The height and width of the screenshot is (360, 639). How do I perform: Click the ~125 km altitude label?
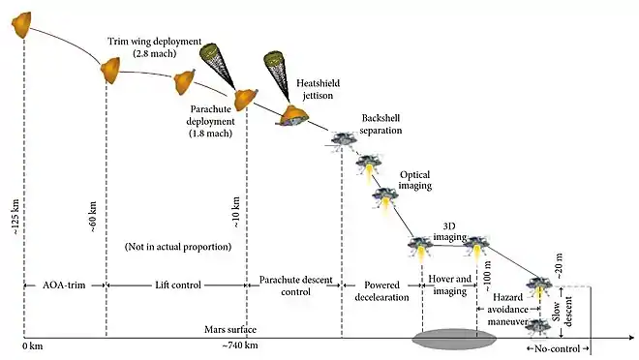click(15, 217)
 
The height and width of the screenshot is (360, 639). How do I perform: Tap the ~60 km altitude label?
click(93, 217)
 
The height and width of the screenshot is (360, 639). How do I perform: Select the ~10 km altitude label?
click(236, 212)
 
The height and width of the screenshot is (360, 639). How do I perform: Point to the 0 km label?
click(33, 346)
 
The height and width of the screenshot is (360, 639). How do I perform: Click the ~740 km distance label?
click(240, 345)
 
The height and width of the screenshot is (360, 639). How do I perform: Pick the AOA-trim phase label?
click(64, 285)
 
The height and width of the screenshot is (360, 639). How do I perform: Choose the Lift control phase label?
click(178, 285)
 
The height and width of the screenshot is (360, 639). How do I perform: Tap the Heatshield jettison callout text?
click(318, 89)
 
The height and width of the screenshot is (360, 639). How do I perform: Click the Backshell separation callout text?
click(380, 124)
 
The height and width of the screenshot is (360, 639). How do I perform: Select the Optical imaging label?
click(414, 180)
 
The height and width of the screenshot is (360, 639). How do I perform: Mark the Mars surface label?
click(230, 329)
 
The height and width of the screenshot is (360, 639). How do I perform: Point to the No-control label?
click(557, 349)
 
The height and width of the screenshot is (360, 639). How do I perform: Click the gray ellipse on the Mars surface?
click(454, 339)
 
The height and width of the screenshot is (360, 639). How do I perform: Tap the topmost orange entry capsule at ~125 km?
click(21, 24)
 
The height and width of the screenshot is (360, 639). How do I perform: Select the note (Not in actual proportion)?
click(178, 247)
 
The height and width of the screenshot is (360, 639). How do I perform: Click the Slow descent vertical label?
click(563, 312)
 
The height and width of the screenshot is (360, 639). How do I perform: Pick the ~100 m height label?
click(487, 276)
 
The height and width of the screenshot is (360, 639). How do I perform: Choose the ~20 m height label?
click(560, 266)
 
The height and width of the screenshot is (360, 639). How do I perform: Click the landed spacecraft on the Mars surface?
click(537, 326)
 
